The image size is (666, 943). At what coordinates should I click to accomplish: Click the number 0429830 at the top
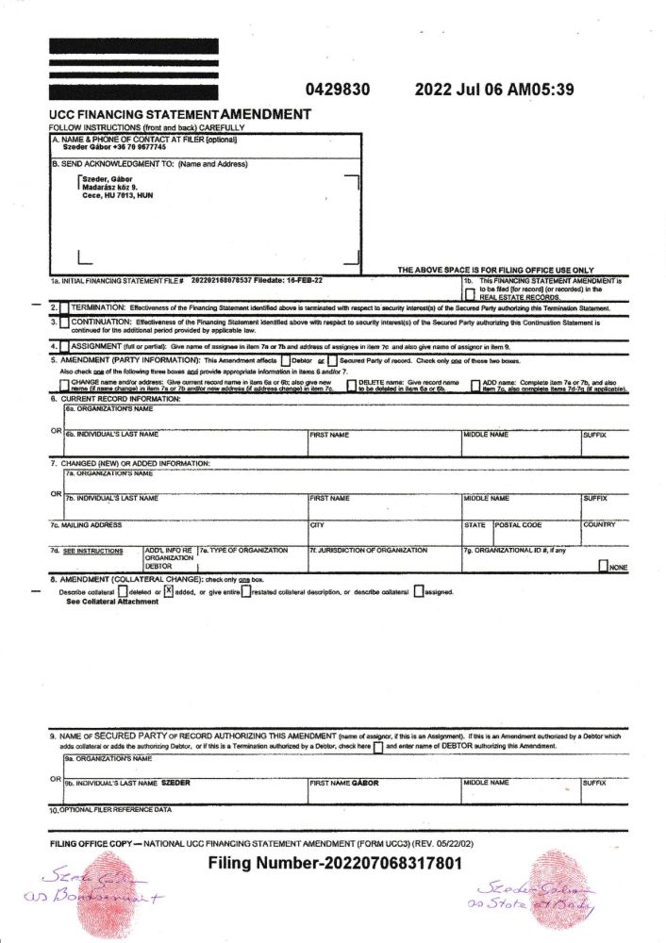tap(337, 91)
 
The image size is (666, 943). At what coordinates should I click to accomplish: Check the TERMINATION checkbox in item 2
tap(63, 308)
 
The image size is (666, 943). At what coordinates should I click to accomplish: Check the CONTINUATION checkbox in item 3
tap(63, 323)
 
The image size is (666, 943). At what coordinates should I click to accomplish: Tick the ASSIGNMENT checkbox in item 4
tap(63, 346)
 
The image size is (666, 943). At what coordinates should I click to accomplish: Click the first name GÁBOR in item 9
tap(365, 783)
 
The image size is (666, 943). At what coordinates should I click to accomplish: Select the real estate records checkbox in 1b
tap(469, 294)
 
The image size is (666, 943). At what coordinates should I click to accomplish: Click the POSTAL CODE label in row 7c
tap(519, 524)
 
